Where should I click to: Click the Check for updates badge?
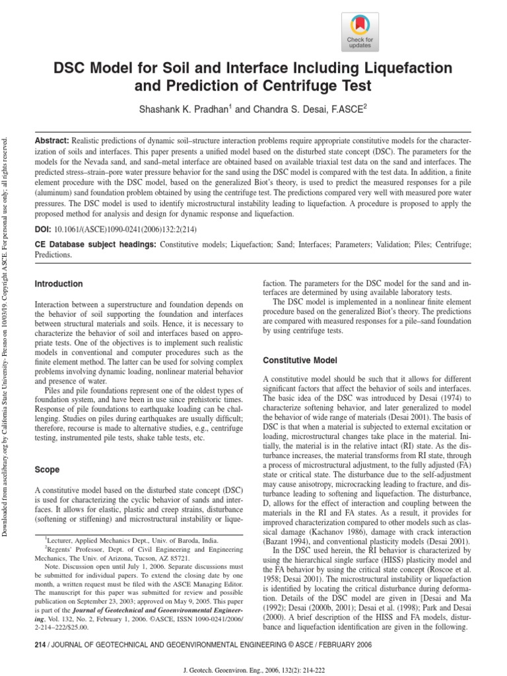click(360, 33)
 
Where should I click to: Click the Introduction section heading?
click(59, 284)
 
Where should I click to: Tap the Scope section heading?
click(46, 470)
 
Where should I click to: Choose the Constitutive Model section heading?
click(300, 360)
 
